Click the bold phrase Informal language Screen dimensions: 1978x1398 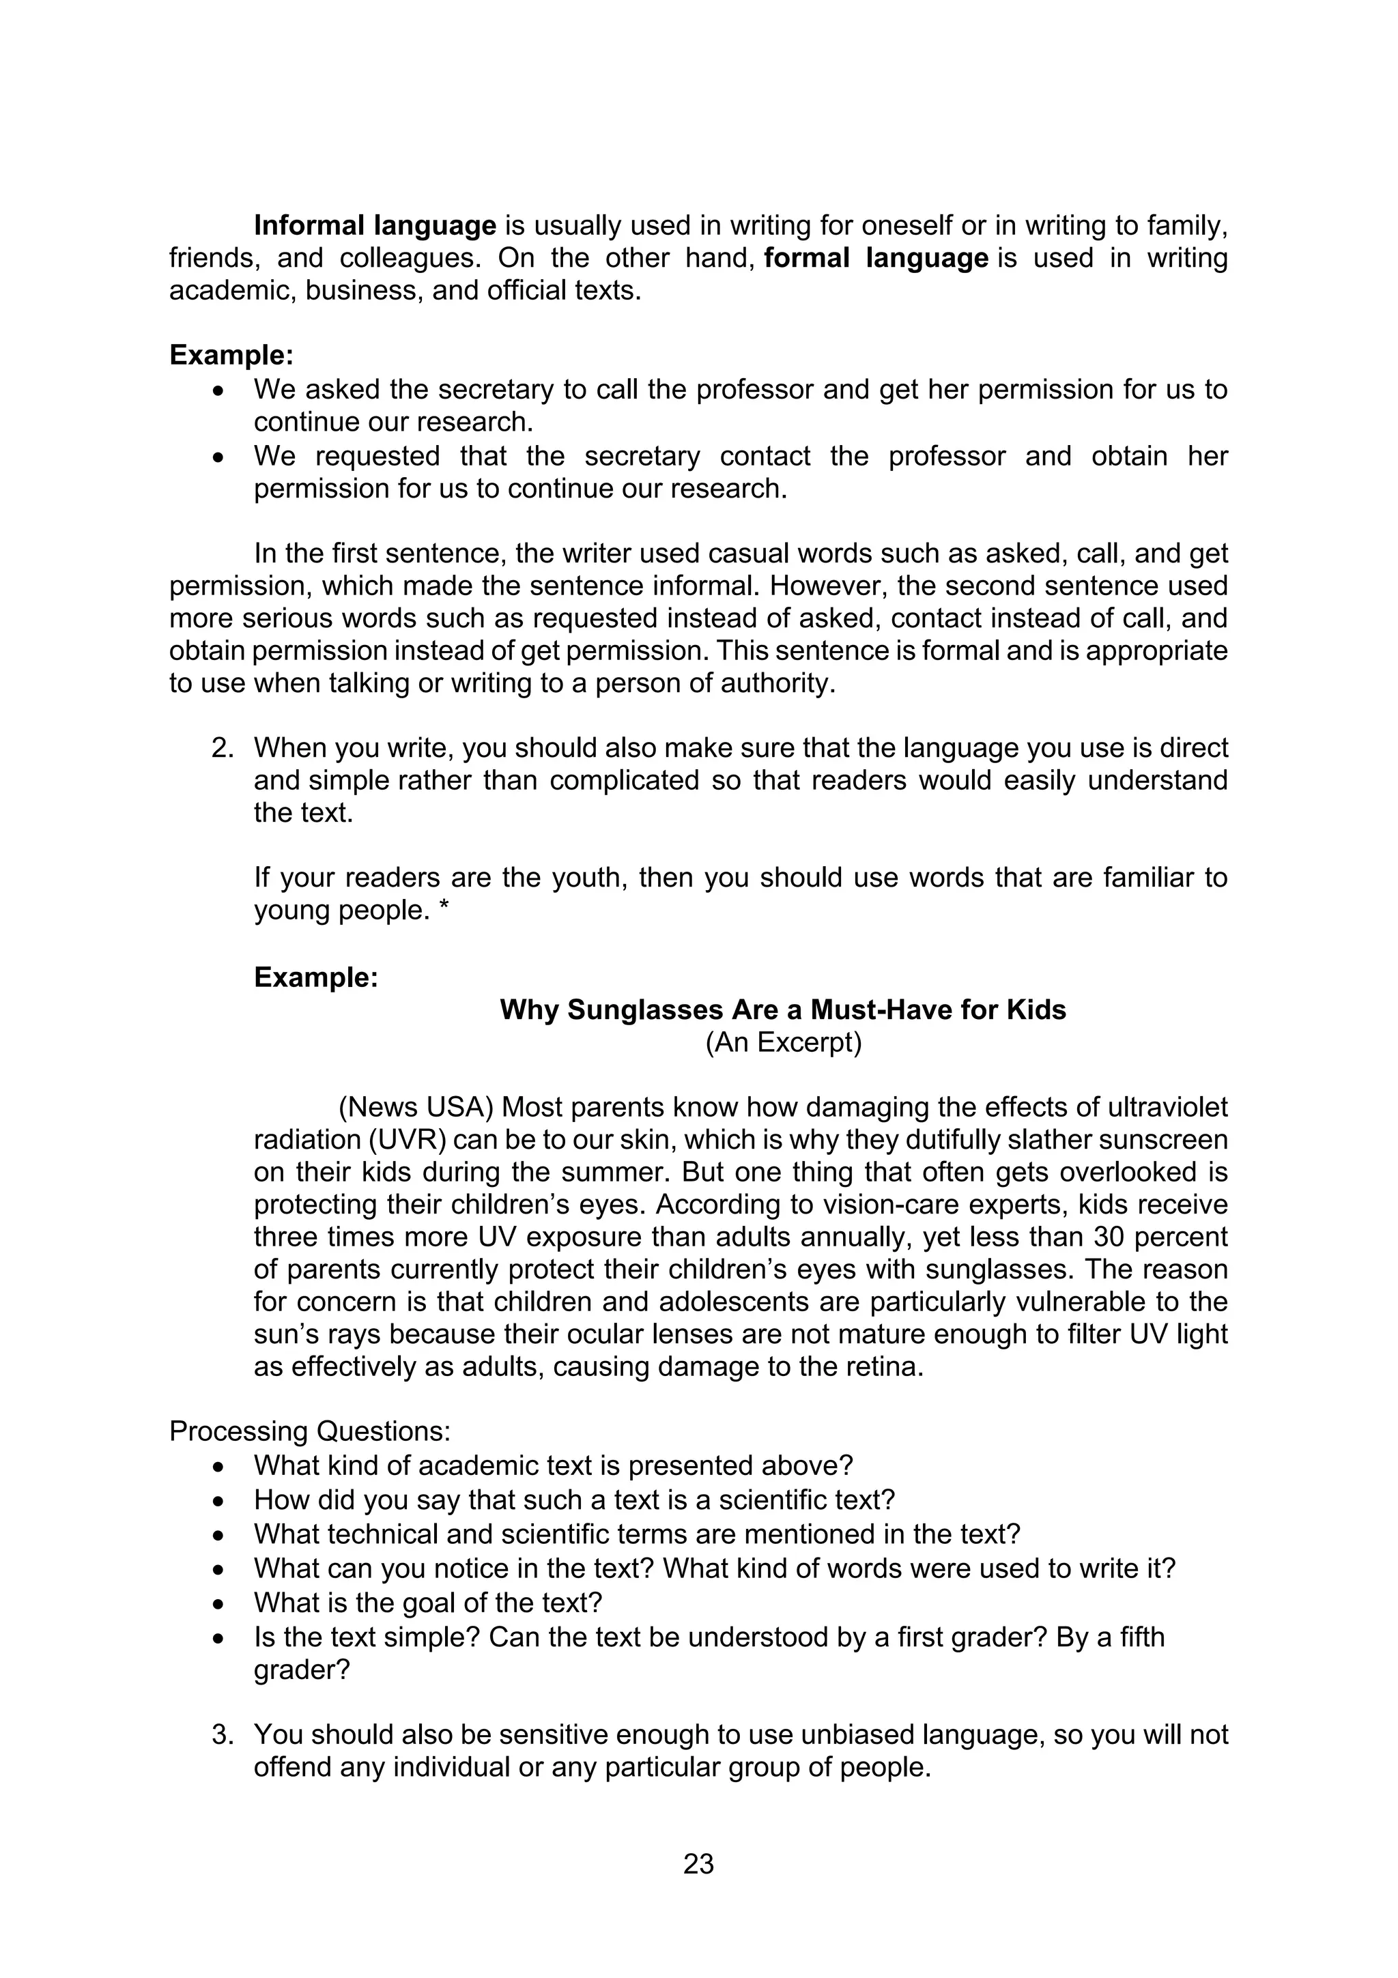pyautogui.click(x=375, y=226)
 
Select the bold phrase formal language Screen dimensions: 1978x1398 pyautogui.click(x=875, y=259)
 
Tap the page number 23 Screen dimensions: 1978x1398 pyautogui.click(x=698, y=1864)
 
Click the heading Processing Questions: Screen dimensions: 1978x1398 pyautogui.click(x=310, y=1431)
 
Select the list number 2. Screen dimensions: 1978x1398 pyautogui.click(x=223, y=748)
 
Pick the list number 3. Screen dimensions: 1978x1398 pyautogui.click(x=223, y=1734)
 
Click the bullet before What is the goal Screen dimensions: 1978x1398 pyautogui.click(x=220, y=1604)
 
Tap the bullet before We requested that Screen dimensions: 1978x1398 pyautogui.click(x=220, y=457)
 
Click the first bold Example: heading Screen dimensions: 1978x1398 pyautogui.click(x=231, y=355)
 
